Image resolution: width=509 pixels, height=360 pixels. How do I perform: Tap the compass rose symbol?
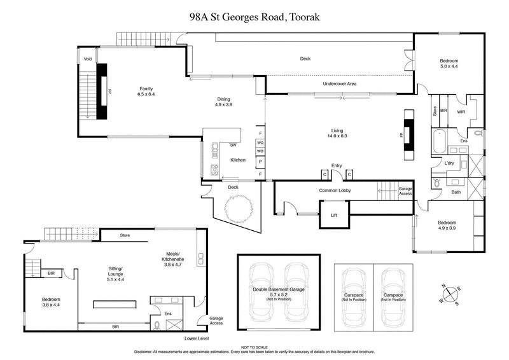449,294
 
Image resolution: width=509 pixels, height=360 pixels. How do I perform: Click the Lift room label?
333,216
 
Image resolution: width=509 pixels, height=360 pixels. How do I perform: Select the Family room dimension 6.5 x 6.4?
146,94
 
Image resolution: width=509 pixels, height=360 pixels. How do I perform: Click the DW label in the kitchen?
234,145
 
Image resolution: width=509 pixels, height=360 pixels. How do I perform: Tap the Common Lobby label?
335,191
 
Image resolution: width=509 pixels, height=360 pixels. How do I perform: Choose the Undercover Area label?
339,84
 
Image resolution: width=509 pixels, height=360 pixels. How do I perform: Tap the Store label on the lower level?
125,236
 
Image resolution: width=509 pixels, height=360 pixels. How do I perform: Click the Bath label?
456,192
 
